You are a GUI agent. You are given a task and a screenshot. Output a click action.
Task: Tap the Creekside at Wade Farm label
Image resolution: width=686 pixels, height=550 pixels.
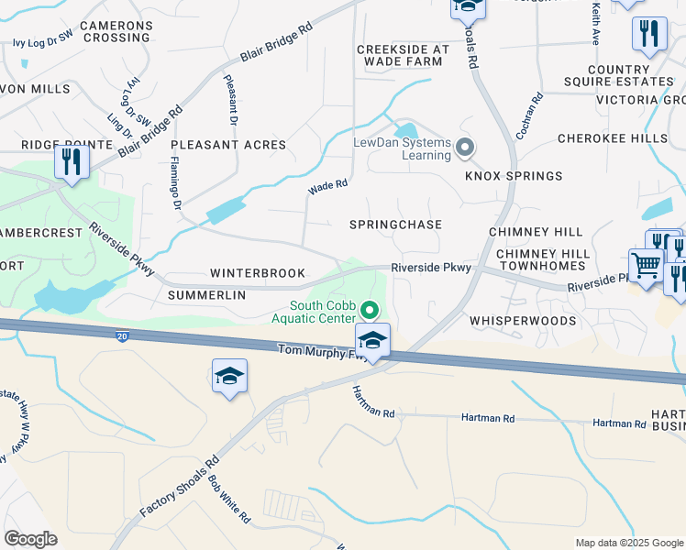click(403, 55)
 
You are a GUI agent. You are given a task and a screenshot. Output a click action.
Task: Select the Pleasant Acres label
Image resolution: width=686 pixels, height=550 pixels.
click(228, 145)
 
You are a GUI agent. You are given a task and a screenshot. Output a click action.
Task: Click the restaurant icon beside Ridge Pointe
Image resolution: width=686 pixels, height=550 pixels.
click(71, 162)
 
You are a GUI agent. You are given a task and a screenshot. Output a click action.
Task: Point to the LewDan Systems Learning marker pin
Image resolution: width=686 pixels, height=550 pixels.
click(465, 147)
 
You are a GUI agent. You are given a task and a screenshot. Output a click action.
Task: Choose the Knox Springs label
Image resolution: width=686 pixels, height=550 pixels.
click(514, 176)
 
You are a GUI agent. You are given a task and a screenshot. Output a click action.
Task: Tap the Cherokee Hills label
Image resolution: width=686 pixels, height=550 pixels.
click(613, 137)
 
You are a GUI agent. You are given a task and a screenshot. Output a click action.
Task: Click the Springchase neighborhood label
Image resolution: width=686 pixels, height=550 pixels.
click(396, 225)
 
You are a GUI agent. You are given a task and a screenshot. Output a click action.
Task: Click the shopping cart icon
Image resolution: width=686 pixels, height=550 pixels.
click(646, 266)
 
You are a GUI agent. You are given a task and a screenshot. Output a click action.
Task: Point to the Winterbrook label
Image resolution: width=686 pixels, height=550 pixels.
click(257, 273)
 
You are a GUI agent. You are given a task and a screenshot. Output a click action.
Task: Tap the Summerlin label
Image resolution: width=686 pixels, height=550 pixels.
click(207, 295)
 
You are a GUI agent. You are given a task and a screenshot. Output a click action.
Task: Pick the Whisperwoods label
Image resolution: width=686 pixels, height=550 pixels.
click(523, 321)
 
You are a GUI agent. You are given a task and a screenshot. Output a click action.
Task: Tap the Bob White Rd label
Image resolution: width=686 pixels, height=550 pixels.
click(229, 498)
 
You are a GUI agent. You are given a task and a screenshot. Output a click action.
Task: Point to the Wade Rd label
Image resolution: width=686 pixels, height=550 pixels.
click(328, 186)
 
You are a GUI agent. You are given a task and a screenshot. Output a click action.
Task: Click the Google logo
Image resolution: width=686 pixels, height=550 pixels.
click(31, 538)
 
